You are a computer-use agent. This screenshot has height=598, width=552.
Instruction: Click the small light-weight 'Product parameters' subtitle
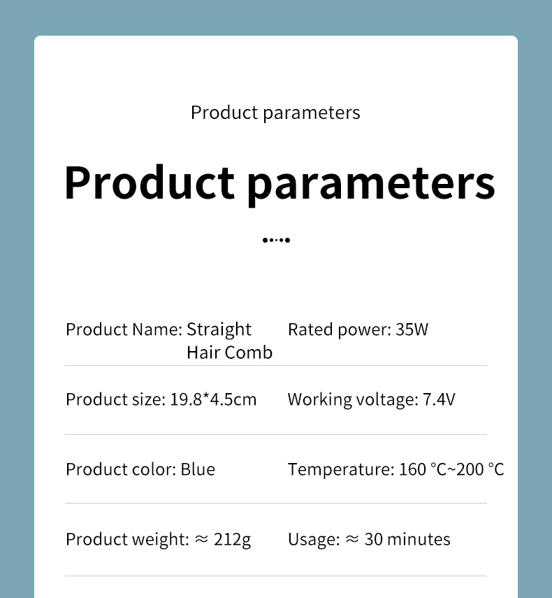[x=275, y=113]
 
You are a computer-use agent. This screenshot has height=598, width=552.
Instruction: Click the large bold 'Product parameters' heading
[x=279, y=184]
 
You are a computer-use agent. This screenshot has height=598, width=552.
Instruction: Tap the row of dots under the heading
[x=276, y=240]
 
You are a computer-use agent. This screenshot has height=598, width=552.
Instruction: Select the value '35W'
[x=412, y=329]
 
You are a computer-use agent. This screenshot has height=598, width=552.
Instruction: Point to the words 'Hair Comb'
[x=230, y=353]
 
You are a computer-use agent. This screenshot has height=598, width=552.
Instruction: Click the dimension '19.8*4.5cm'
[x=213, y=399]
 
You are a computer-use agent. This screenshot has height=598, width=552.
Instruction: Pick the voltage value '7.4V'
[x=439, y=399]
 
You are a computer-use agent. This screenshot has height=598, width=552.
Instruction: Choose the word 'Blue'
[x=198, y=469]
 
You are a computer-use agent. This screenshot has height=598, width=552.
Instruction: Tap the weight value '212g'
[x=233, y=540]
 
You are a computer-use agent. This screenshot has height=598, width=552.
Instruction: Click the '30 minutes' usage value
[x=407, y=539]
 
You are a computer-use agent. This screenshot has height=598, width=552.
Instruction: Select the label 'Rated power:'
[x=340, y=330]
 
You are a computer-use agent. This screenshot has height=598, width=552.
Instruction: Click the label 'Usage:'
[x=314, y=540]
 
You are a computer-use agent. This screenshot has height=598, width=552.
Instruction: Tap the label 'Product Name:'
[x=124, y=329]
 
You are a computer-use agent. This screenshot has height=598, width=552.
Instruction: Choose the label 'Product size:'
[x=116, y=400]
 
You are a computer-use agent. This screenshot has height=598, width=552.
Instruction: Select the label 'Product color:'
[x=121, y=469]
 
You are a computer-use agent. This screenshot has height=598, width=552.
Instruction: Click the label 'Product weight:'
[x=127, y=540]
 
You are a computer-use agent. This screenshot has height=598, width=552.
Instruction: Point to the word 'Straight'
[x=219, y=330]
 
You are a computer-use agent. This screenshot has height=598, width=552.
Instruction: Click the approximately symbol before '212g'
[x=201, y=539]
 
